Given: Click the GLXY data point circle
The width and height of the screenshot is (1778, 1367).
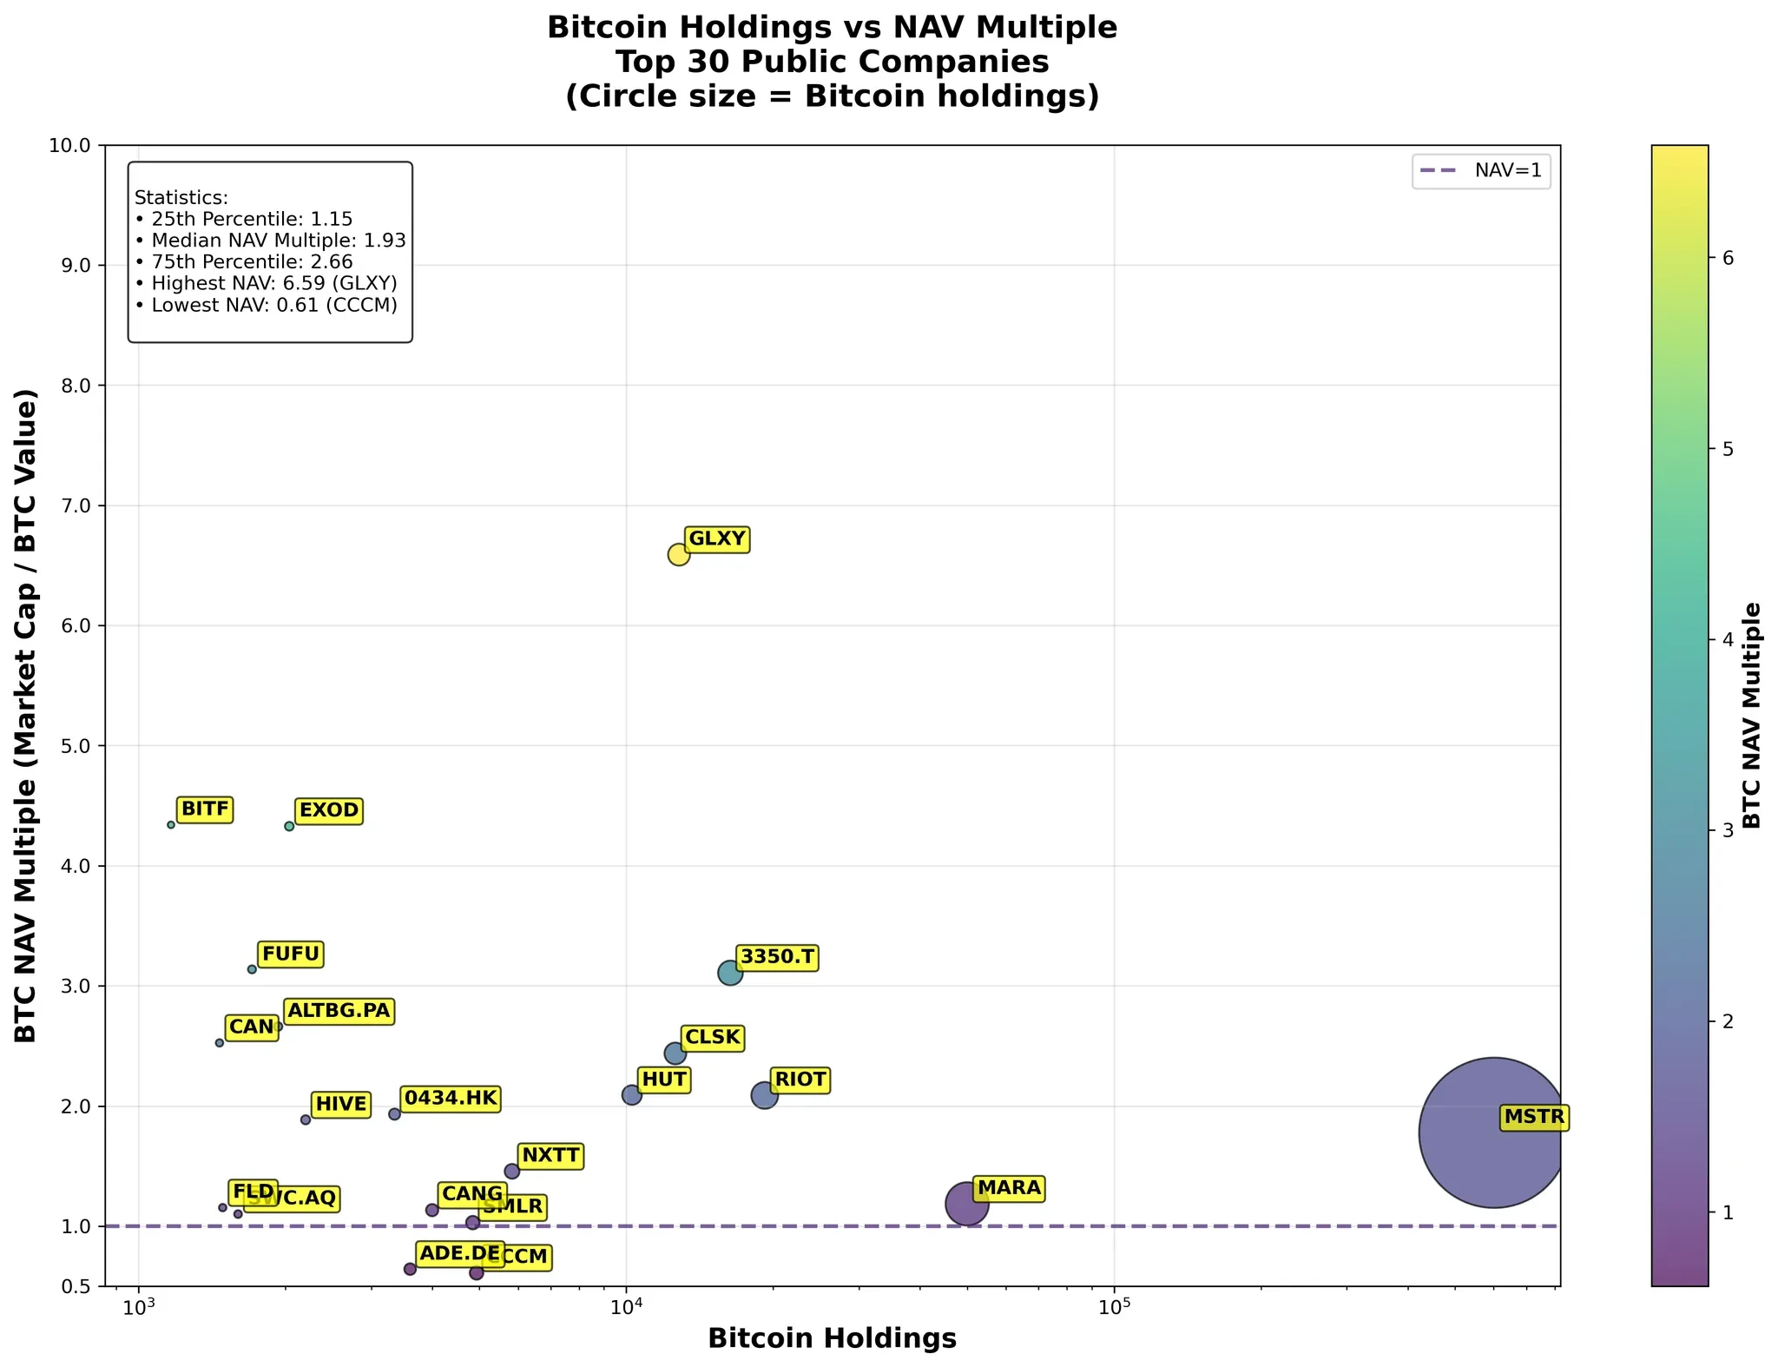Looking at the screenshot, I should (x=678, y=554).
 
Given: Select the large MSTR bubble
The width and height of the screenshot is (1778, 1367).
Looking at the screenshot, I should (x=1492, y=1132).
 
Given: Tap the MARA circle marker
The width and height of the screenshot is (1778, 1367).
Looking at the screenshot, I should (x=966, y=1204).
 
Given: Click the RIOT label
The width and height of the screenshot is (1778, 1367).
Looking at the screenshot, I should (x=800, y=1080).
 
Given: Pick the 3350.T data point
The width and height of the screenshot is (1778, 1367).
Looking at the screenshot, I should (x=730, y=973).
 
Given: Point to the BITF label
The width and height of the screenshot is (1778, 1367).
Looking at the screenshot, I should (x=205, y=809).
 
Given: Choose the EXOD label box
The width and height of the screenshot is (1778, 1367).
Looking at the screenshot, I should (x=328, y=810).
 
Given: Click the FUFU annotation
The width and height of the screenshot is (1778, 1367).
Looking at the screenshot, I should (x=291, y=954).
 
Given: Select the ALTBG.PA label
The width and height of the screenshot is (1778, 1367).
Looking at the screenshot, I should (x=339, y=1011).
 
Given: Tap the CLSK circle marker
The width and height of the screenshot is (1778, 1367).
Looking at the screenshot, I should (x=675, y=1053).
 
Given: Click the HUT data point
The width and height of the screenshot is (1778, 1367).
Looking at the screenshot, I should (x=632, y=1094).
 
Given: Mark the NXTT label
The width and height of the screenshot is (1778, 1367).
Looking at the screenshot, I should (x=550, y=1155).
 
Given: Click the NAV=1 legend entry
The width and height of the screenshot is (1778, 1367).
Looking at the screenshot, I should (x=1481, y=171).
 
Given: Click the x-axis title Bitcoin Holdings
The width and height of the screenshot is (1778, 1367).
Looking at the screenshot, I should (x=832, y=1338).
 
